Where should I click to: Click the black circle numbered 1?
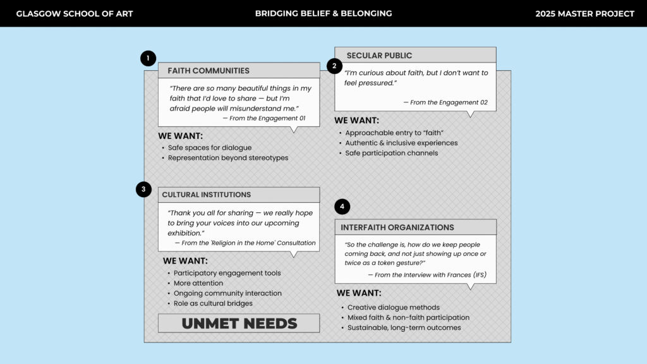[148, 59]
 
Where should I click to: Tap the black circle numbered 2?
[334, 66]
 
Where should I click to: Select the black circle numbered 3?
[143, 189]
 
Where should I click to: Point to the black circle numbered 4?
[342, 207]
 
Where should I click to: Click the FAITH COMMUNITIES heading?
[209, 71]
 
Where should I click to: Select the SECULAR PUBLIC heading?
[379, 56]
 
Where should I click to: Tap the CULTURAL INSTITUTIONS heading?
[207, 195]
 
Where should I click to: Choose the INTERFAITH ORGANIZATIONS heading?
[397, 227]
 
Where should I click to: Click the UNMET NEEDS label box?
[239, 324]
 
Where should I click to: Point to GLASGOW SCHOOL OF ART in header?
[75, 13]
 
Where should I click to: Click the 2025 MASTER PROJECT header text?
[584, 13]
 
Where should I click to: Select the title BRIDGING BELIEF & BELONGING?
[323, 13]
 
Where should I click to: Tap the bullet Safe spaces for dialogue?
[210, 148]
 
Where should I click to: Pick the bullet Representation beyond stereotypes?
[227, 158]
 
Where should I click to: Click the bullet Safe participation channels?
[391, 153]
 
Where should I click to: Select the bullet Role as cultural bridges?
[213, 303]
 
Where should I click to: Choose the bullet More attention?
[198, 283]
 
